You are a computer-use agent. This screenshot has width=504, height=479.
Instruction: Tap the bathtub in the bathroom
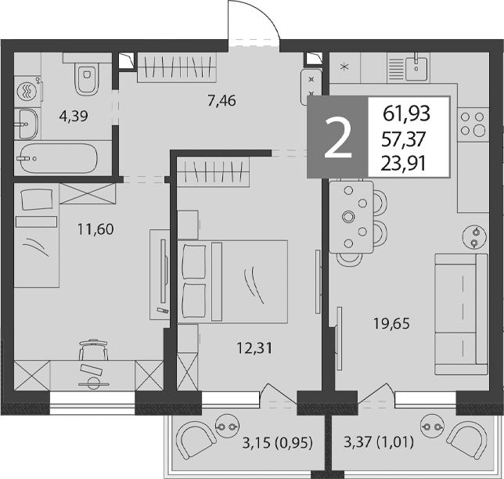pyautogui.click(x=57, y=158)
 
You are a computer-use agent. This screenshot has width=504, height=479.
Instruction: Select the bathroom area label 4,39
pyautogui.click(x=74, y=116)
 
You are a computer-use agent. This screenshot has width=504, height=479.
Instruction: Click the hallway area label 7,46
pyautogui.click(x=221, y=101)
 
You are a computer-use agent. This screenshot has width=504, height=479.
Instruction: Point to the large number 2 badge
pyautogui.click(x=337, y=137)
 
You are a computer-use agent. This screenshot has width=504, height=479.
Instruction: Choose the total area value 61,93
pyautogui.click(x=407, y=113)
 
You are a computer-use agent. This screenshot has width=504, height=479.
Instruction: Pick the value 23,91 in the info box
pyautogui.click(x=404, y=164)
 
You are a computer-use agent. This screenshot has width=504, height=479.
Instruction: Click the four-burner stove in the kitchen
pyautogui.click(x=473, y=123)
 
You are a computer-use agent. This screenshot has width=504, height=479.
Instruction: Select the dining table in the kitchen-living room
pyautogui.click(x=351, y=217)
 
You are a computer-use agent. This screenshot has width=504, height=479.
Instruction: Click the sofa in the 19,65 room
pyautogui.click(x=461, y=314)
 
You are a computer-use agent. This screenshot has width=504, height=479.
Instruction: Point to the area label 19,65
pyautogui.click(x=391, y=323)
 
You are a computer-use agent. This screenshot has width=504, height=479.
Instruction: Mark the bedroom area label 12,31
pyautogui.click(x=254, y=348)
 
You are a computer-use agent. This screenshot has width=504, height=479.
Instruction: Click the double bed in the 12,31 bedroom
pyautogui.click(x=232, y=281)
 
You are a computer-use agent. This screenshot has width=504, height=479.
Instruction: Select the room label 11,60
pyautogui.click(x=95, y=229)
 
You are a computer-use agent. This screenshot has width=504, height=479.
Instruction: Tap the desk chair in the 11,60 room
pyautogui.click(x=94, y=350)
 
